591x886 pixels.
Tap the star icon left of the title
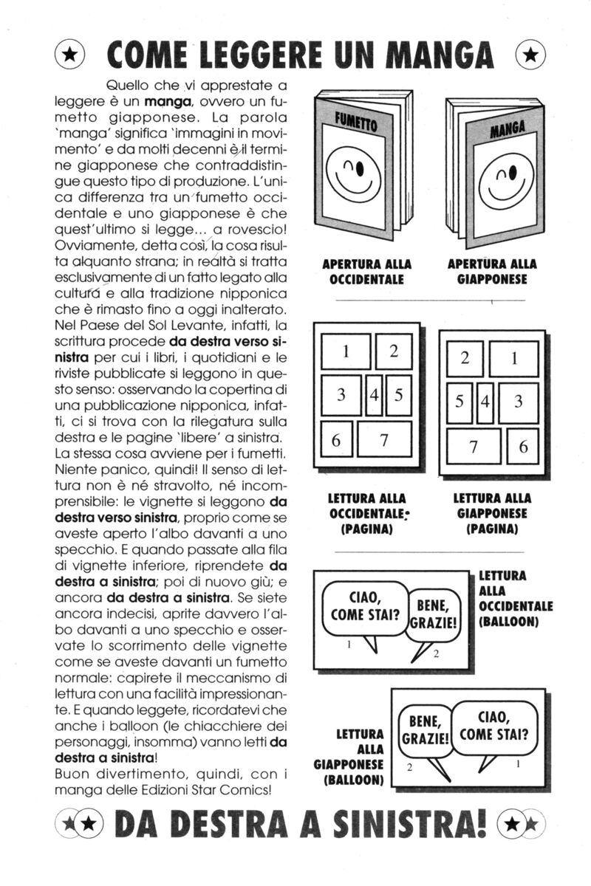(x=69, y=54)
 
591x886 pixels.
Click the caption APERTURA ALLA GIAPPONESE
(x=492, y=272)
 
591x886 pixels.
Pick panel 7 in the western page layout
(x=384, y=442)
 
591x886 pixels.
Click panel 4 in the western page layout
(x=375, y=395)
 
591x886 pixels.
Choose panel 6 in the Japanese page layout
(x=523, y=446)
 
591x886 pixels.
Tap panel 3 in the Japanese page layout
(x=519, y=401)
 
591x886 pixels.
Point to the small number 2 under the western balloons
(x=436, y=653)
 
